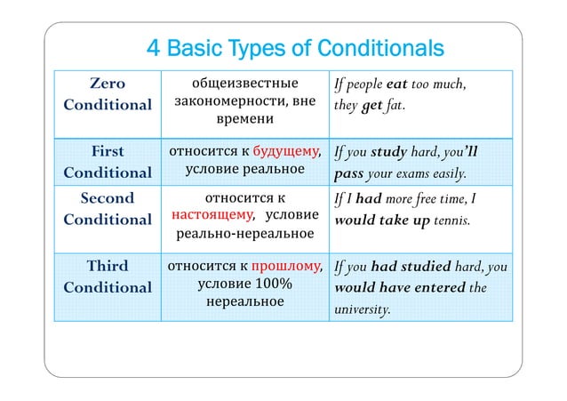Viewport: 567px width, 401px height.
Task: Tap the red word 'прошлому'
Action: click(285, 265)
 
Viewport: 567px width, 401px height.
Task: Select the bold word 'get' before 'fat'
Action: click(371, 106)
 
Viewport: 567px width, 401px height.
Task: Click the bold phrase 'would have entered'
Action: click(398, 287)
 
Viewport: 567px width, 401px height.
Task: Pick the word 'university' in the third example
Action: click(363, 309)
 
